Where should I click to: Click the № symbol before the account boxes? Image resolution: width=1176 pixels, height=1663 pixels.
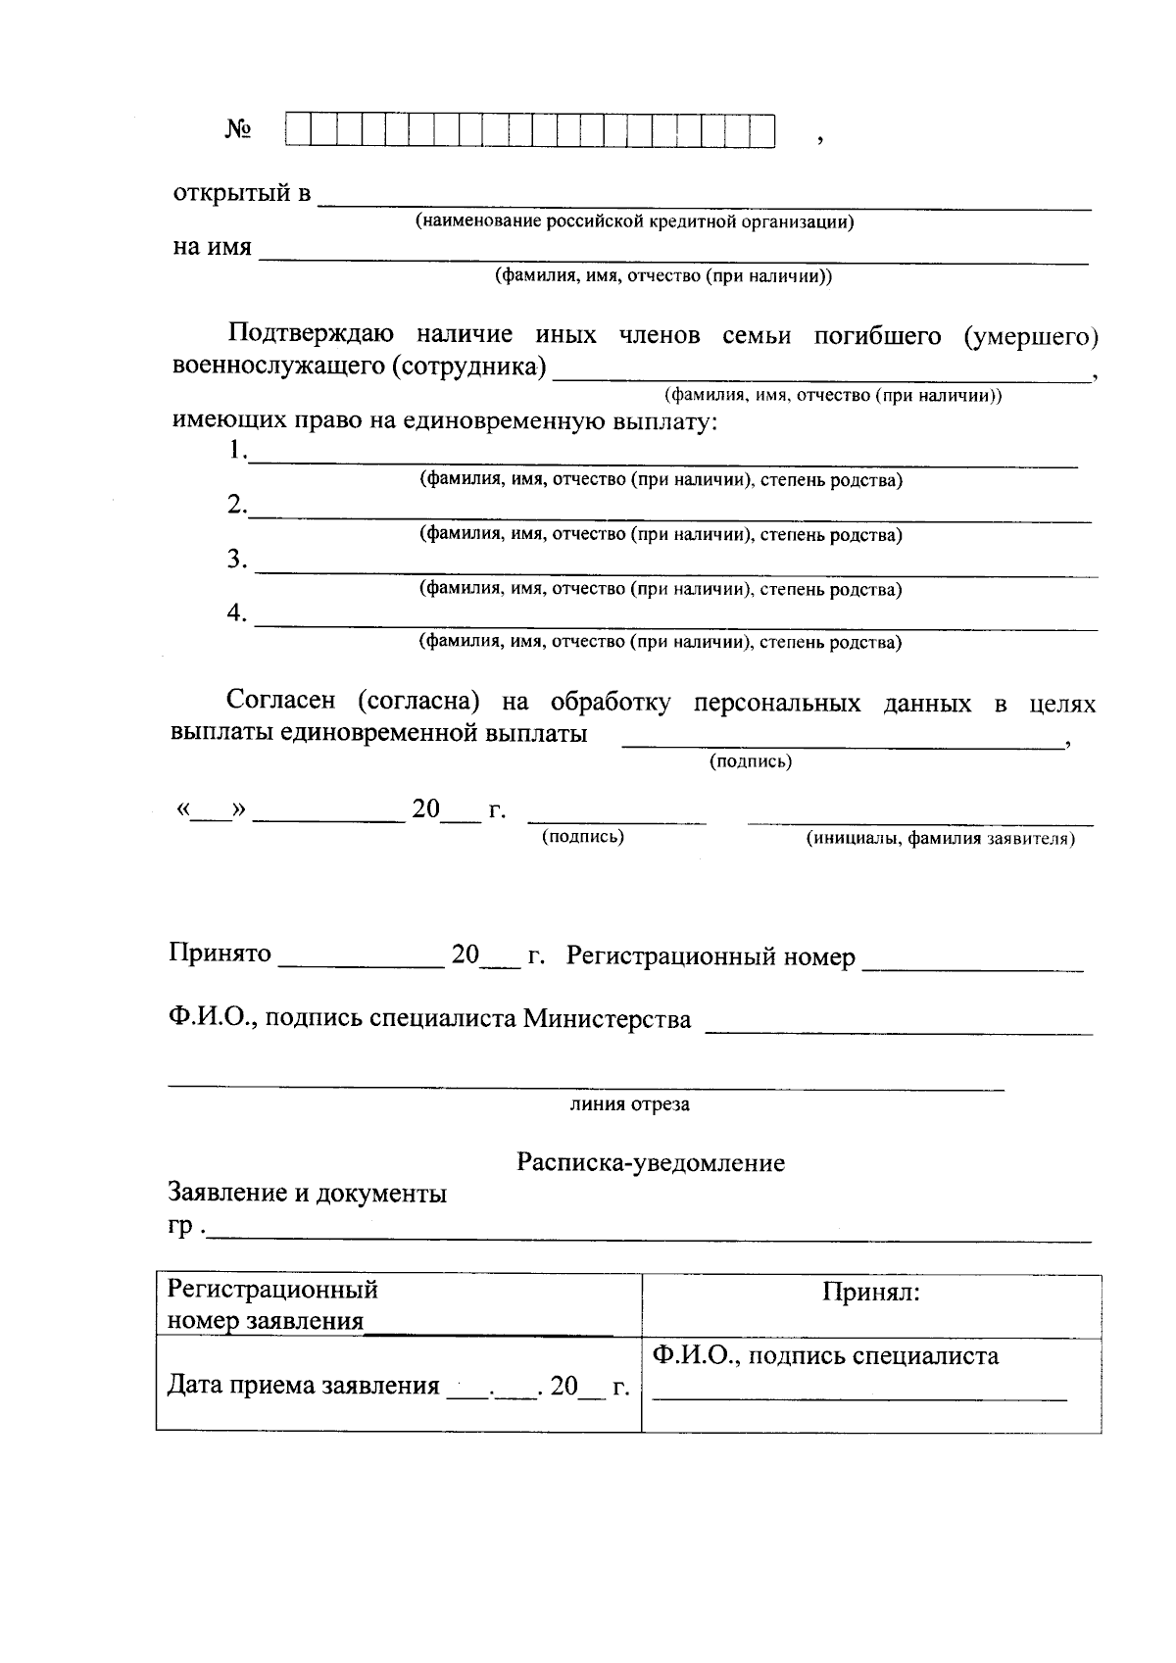239,130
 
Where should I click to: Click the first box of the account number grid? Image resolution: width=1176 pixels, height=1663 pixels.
297,130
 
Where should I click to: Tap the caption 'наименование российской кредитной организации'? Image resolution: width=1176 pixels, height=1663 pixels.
635,221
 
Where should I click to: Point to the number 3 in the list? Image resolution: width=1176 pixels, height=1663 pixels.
235,560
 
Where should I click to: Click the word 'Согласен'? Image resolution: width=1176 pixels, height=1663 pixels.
280,702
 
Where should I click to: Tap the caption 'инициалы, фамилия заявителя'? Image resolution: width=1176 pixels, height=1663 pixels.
940,840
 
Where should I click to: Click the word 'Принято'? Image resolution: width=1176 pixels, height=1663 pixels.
220,954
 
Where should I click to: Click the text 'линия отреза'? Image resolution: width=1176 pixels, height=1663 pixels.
630,1104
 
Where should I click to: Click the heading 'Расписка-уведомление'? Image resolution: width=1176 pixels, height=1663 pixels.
651,1163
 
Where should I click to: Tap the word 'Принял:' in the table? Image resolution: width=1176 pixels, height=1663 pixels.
871,1293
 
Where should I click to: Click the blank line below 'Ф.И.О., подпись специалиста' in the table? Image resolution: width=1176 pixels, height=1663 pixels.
859,1395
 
